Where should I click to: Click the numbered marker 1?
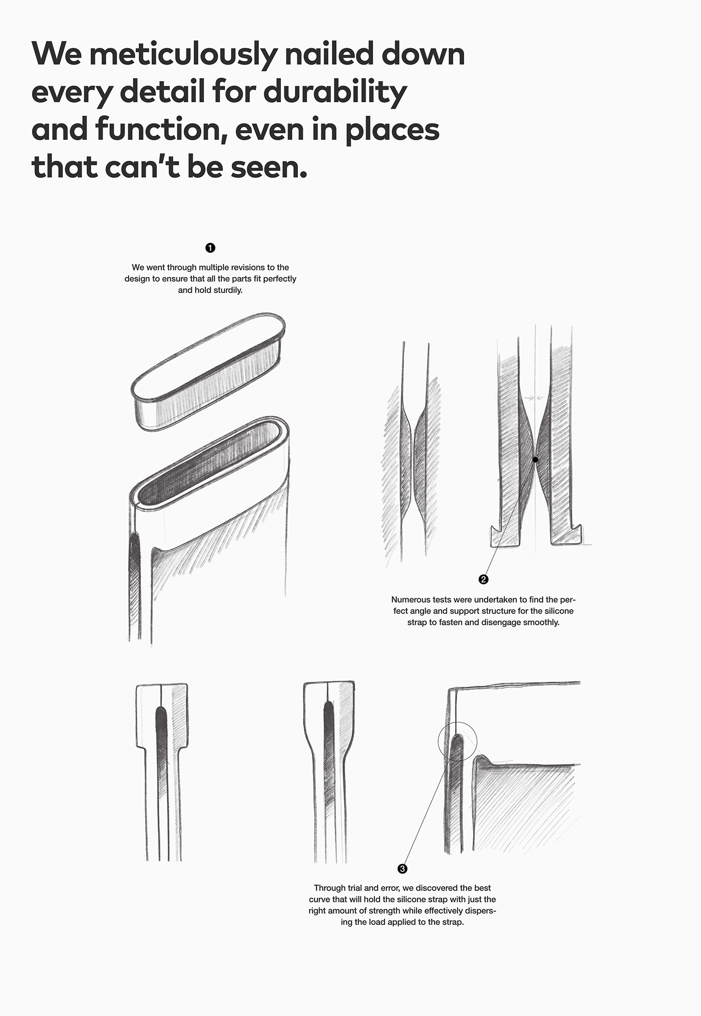pyautogui.click(x=210, y=248)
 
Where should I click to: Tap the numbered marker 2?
pyautogui.click(x=483, y=580)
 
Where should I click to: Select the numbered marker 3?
pyautogui.click(x=402, y=869)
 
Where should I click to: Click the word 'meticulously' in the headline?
pyautogui.click(x=182, y=54)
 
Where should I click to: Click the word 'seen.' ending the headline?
pyautogui.click(x=268, y=167)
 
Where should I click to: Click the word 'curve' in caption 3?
pyautogui.click(x=319, y=899)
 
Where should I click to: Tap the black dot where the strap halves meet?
pyautogui.click(x=535, y=459)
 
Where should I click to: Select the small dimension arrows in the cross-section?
pyautogui.click(x=534, y=398)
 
